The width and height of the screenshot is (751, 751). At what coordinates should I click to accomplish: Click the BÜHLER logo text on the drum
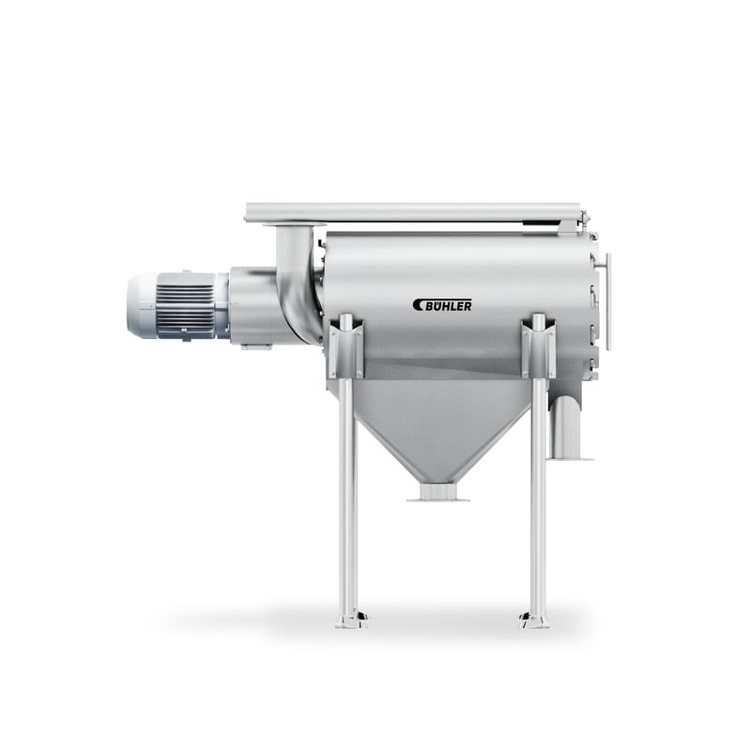click(449, 305)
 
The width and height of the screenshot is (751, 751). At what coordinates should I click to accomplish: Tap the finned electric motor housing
click(187, 305)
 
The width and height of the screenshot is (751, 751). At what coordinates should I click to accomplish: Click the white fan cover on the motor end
click(142, 305)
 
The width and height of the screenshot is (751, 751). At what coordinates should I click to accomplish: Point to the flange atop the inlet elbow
click(294, 224)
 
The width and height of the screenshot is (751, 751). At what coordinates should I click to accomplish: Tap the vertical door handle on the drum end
click(608, 300)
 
